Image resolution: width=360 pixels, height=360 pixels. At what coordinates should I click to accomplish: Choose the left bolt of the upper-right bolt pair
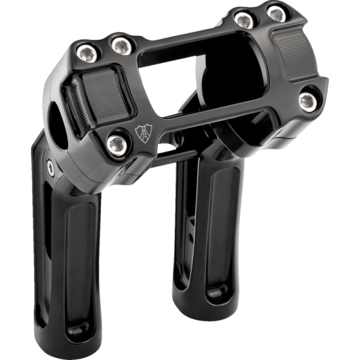pos(242,19)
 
